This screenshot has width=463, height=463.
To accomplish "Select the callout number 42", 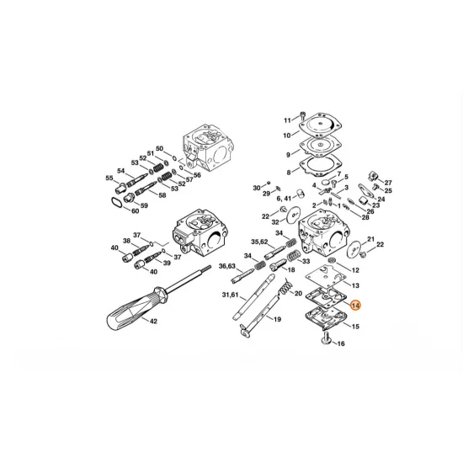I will coord(152,322).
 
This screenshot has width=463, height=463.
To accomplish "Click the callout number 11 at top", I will coord(286,120).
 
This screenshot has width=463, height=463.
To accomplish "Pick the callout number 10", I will coord(286,135).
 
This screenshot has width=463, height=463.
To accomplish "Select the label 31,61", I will coord(231,295).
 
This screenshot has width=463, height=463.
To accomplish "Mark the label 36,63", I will coord(227,266).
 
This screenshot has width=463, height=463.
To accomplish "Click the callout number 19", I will coord(275,321).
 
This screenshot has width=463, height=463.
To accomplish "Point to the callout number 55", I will coord(109,178).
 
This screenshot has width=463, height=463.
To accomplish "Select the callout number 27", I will coord(388,182).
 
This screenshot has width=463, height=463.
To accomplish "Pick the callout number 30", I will coord(257,188).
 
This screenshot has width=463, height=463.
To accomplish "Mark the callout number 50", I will coord(160,148).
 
